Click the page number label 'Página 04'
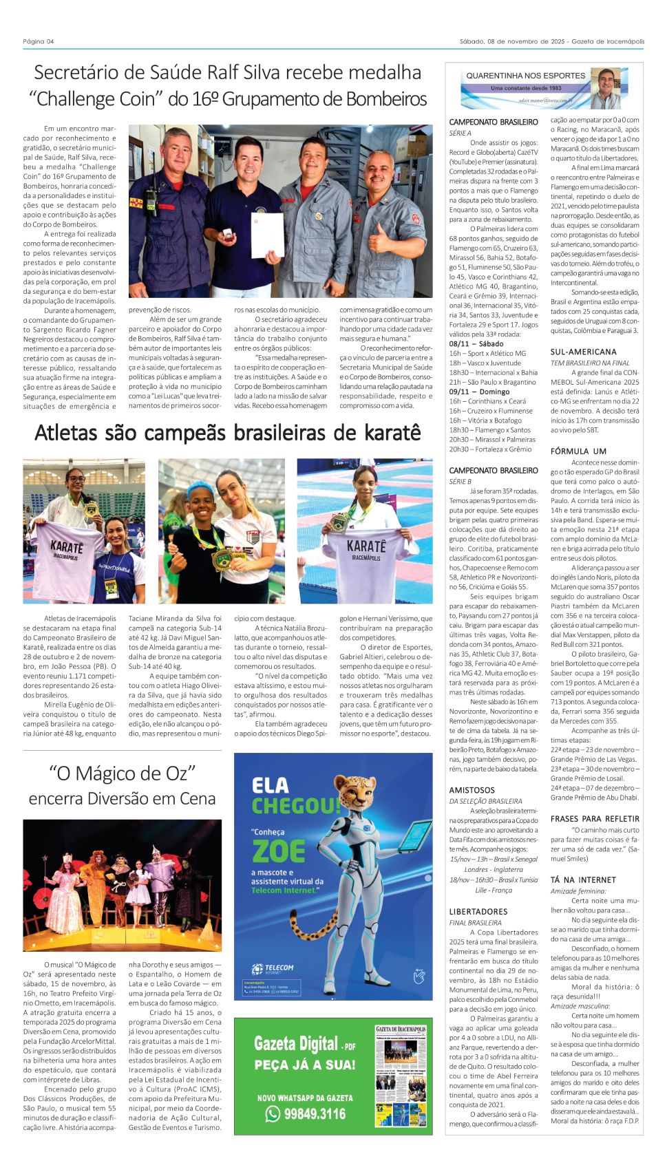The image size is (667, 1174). click(39, 41)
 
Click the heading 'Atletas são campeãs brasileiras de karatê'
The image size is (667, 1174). click(227, 433)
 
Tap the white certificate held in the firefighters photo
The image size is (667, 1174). click(267, 235)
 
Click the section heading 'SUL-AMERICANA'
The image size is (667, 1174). click(583, 352)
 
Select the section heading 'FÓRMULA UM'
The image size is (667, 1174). click(578, 451)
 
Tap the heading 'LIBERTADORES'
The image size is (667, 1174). click(478, 912)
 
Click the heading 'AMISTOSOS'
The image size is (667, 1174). click(472, 791)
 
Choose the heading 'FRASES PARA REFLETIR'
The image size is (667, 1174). click(595, 819)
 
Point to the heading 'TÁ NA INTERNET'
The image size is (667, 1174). click(583, 880)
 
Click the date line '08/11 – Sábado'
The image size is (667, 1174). click(476, 343)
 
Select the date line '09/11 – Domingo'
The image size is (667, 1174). click(479, 392)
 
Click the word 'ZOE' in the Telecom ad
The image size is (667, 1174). click(278, 851)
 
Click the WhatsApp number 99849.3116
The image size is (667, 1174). click(315, 1113)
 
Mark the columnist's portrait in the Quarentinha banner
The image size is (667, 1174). click(604, 87)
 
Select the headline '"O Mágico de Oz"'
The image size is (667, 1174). click(123, 773)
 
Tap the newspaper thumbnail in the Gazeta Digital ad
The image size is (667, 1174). click(402, 1076)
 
